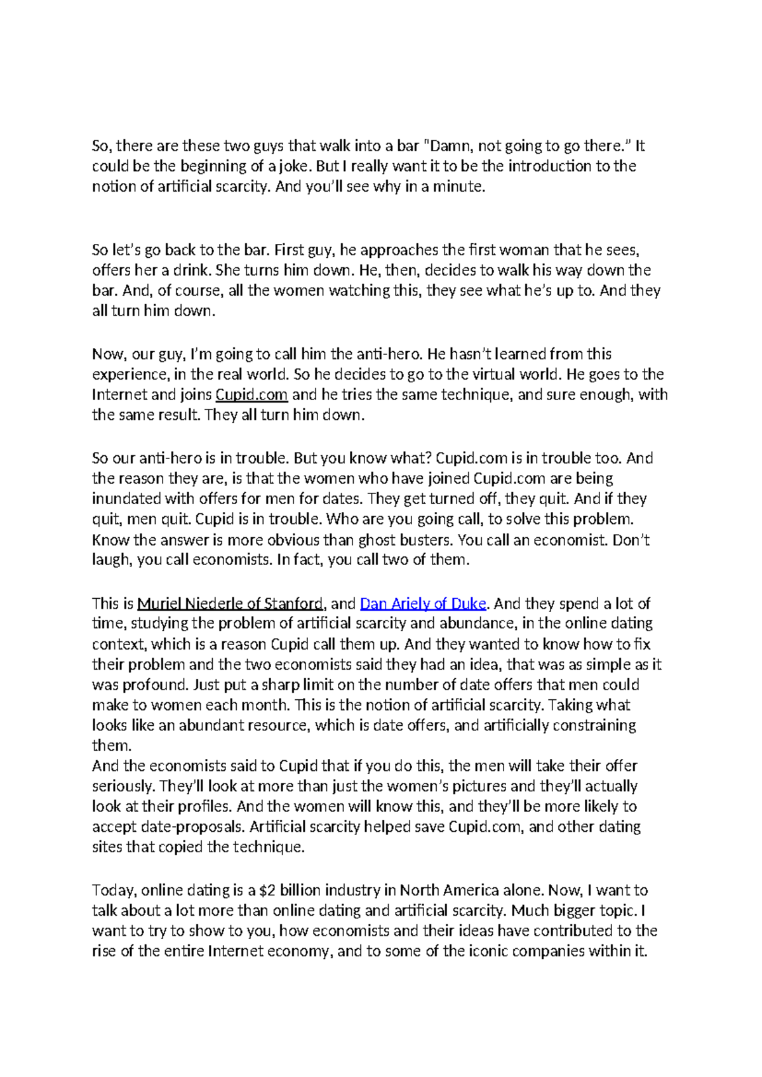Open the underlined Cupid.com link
[x=251, y=395]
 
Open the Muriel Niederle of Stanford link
[x=231, y=604]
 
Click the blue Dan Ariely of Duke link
[x=423, y=604]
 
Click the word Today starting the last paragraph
[x=114, y=891]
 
